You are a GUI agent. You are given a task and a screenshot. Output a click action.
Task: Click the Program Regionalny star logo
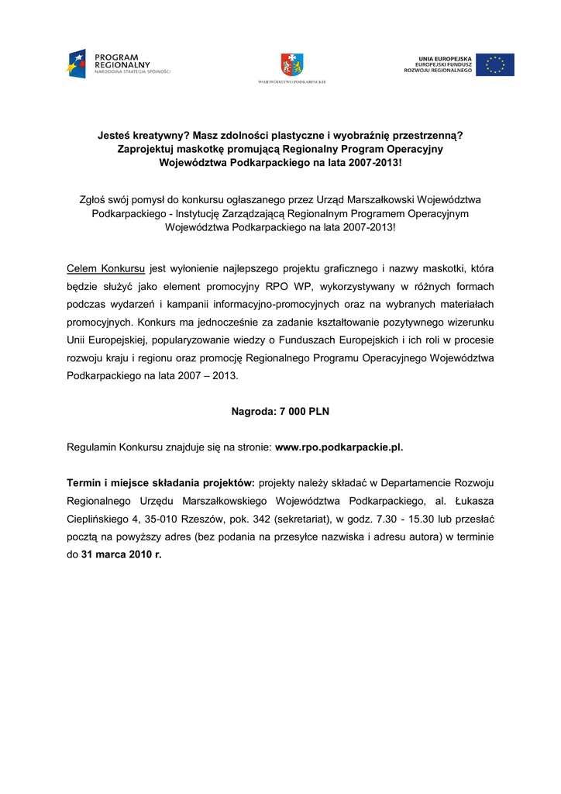point(77,63)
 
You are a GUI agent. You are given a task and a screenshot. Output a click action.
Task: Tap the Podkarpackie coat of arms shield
point(292,64)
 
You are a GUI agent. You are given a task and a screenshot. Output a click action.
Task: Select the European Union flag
point(494,64)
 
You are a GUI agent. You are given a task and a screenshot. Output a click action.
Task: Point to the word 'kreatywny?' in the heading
point(161,134)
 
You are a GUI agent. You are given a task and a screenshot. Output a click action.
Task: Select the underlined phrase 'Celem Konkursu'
point(106,269)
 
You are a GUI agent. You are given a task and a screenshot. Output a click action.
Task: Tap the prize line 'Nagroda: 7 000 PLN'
point(280,412)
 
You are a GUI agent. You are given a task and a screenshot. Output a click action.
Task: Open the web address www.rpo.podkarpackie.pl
point(339,447)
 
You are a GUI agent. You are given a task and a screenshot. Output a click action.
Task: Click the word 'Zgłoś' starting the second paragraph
point(95,199)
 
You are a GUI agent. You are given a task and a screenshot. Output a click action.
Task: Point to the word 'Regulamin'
point(92,447)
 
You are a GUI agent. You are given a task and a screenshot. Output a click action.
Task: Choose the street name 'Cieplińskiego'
point(98,519)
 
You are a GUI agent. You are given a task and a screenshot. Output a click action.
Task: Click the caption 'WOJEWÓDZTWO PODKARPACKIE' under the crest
point(292,81)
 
